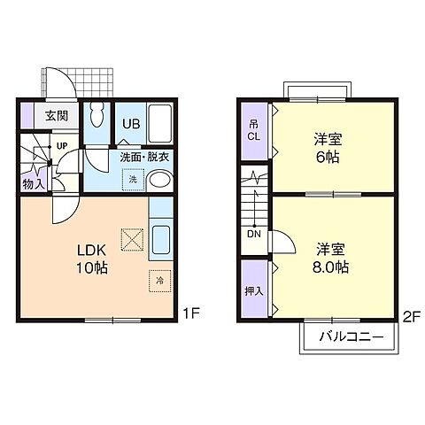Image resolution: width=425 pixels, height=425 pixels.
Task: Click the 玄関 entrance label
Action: tap(57, 116)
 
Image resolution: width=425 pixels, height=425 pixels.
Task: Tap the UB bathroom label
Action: tap(131, 124)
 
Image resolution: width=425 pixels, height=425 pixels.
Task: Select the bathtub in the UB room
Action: tap(159, 123)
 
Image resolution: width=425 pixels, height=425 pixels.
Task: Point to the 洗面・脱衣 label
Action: tap(144, 158)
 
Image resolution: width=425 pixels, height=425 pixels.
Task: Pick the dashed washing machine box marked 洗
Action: tap(133, 180)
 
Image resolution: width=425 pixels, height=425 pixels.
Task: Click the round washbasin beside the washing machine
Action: tap(159, 181)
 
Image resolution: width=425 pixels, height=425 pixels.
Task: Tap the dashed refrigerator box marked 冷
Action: tap(160, 281)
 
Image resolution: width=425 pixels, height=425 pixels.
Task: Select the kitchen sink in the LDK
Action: tap(160, 239)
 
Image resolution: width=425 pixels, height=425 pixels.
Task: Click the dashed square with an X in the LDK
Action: tap(132, 240)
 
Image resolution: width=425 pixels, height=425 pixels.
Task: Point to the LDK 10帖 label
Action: tap(92, 259)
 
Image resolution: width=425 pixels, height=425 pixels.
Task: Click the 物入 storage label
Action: tap(34, 184)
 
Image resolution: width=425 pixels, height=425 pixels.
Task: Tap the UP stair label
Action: tap(62, 146)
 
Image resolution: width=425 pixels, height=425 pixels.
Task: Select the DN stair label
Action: tap(254, 234)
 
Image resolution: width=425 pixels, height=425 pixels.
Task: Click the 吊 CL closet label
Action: tap(253, 131)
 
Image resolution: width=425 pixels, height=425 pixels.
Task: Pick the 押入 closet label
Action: tap(254, 291)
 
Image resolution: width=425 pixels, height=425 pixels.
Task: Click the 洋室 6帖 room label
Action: tap(328, 148)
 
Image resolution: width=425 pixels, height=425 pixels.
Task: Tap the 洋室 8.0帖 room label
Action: tap(330, 259)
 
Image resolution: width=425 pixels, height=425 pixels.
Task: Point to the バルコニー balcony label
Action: tap(352, 336)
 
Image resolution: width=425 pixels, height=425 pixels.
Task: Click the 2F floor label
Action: tap(412, 317)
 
